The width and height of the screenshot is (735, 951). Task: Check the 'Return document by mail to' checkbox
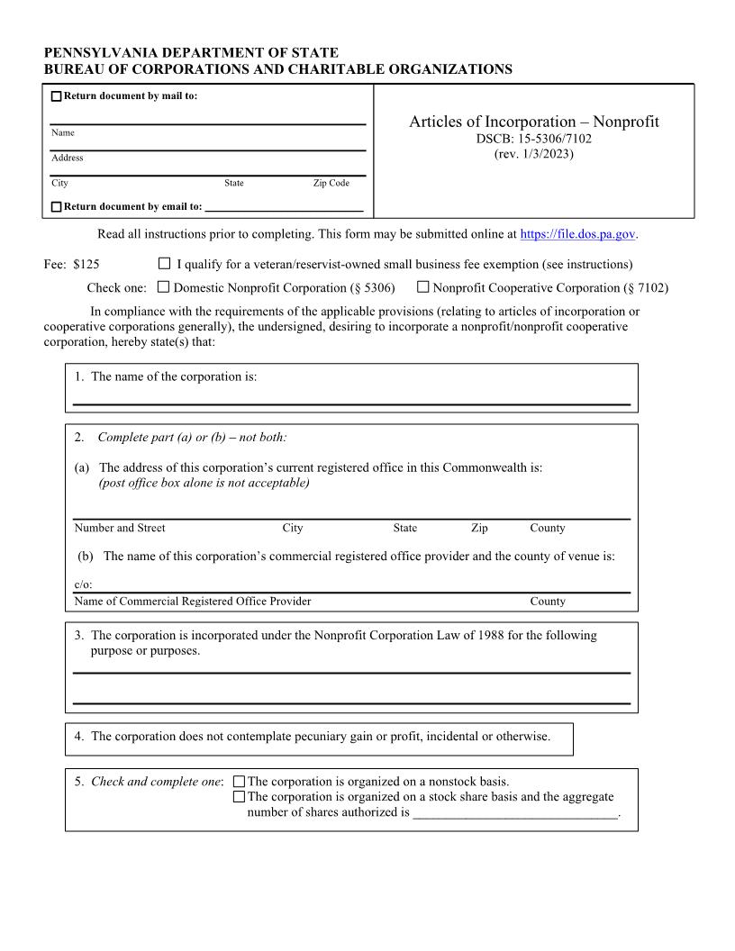point(57,97)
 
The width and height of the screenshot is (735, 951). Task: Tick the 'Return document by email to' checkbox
point(57,207)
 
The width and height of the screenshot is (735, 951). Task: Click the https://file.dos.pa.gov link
point(578,234)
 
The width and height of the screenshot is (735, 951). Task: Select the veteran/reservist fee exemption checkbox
point(164,264)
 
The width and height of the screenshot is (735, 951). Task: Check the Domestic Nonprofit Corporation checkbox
point(163,287)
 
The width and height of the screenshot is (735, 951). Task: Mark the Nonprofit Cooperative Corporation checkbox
point(422,287)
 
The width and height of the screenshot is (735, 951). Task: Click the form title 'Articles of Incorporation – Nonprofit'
point(533,122)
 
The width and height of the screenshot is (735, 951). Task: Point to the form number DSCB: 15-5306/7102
point(533,139)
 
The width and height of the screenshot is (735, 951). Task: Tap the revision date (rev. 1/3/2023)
point(533,154)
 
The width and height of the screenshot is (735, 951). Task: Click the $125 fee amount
point(86,265)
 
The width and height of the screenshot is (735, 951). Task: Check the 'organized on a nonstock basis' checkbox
point(239,783)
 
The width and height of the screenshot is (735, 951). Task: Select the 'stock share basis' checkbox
point(239,797)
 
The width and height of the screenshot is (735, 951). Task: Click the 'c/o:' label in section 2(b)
point(83,584)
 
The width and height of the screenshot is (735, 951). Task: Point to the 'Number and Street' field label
point(120,528)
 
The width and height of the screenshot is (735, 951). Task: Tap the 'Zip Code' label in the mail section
point(331,183)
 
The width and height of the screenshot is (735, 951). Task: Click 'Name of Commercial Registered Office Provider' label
point(193,601)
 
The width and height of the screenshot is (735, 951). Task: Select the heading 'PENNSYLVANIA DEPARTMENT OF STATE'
point(191,54)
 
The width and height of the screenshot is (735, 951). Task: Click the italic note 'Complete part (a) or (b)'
point(192,438)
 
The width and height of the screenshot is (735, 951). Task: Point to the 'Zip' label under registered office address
point(479,528)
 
